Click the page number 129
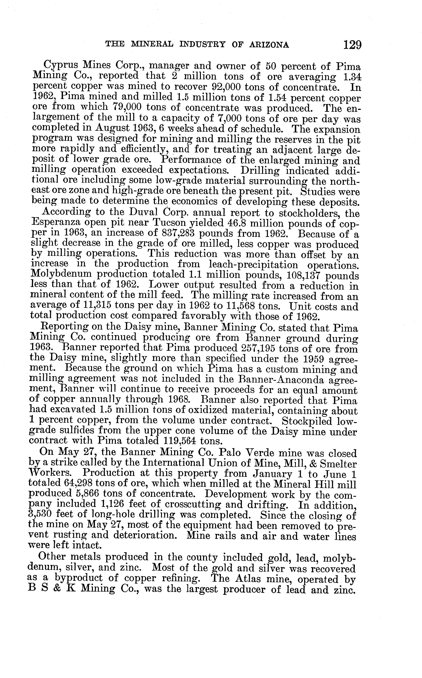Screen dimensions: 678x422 point(352,45)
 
